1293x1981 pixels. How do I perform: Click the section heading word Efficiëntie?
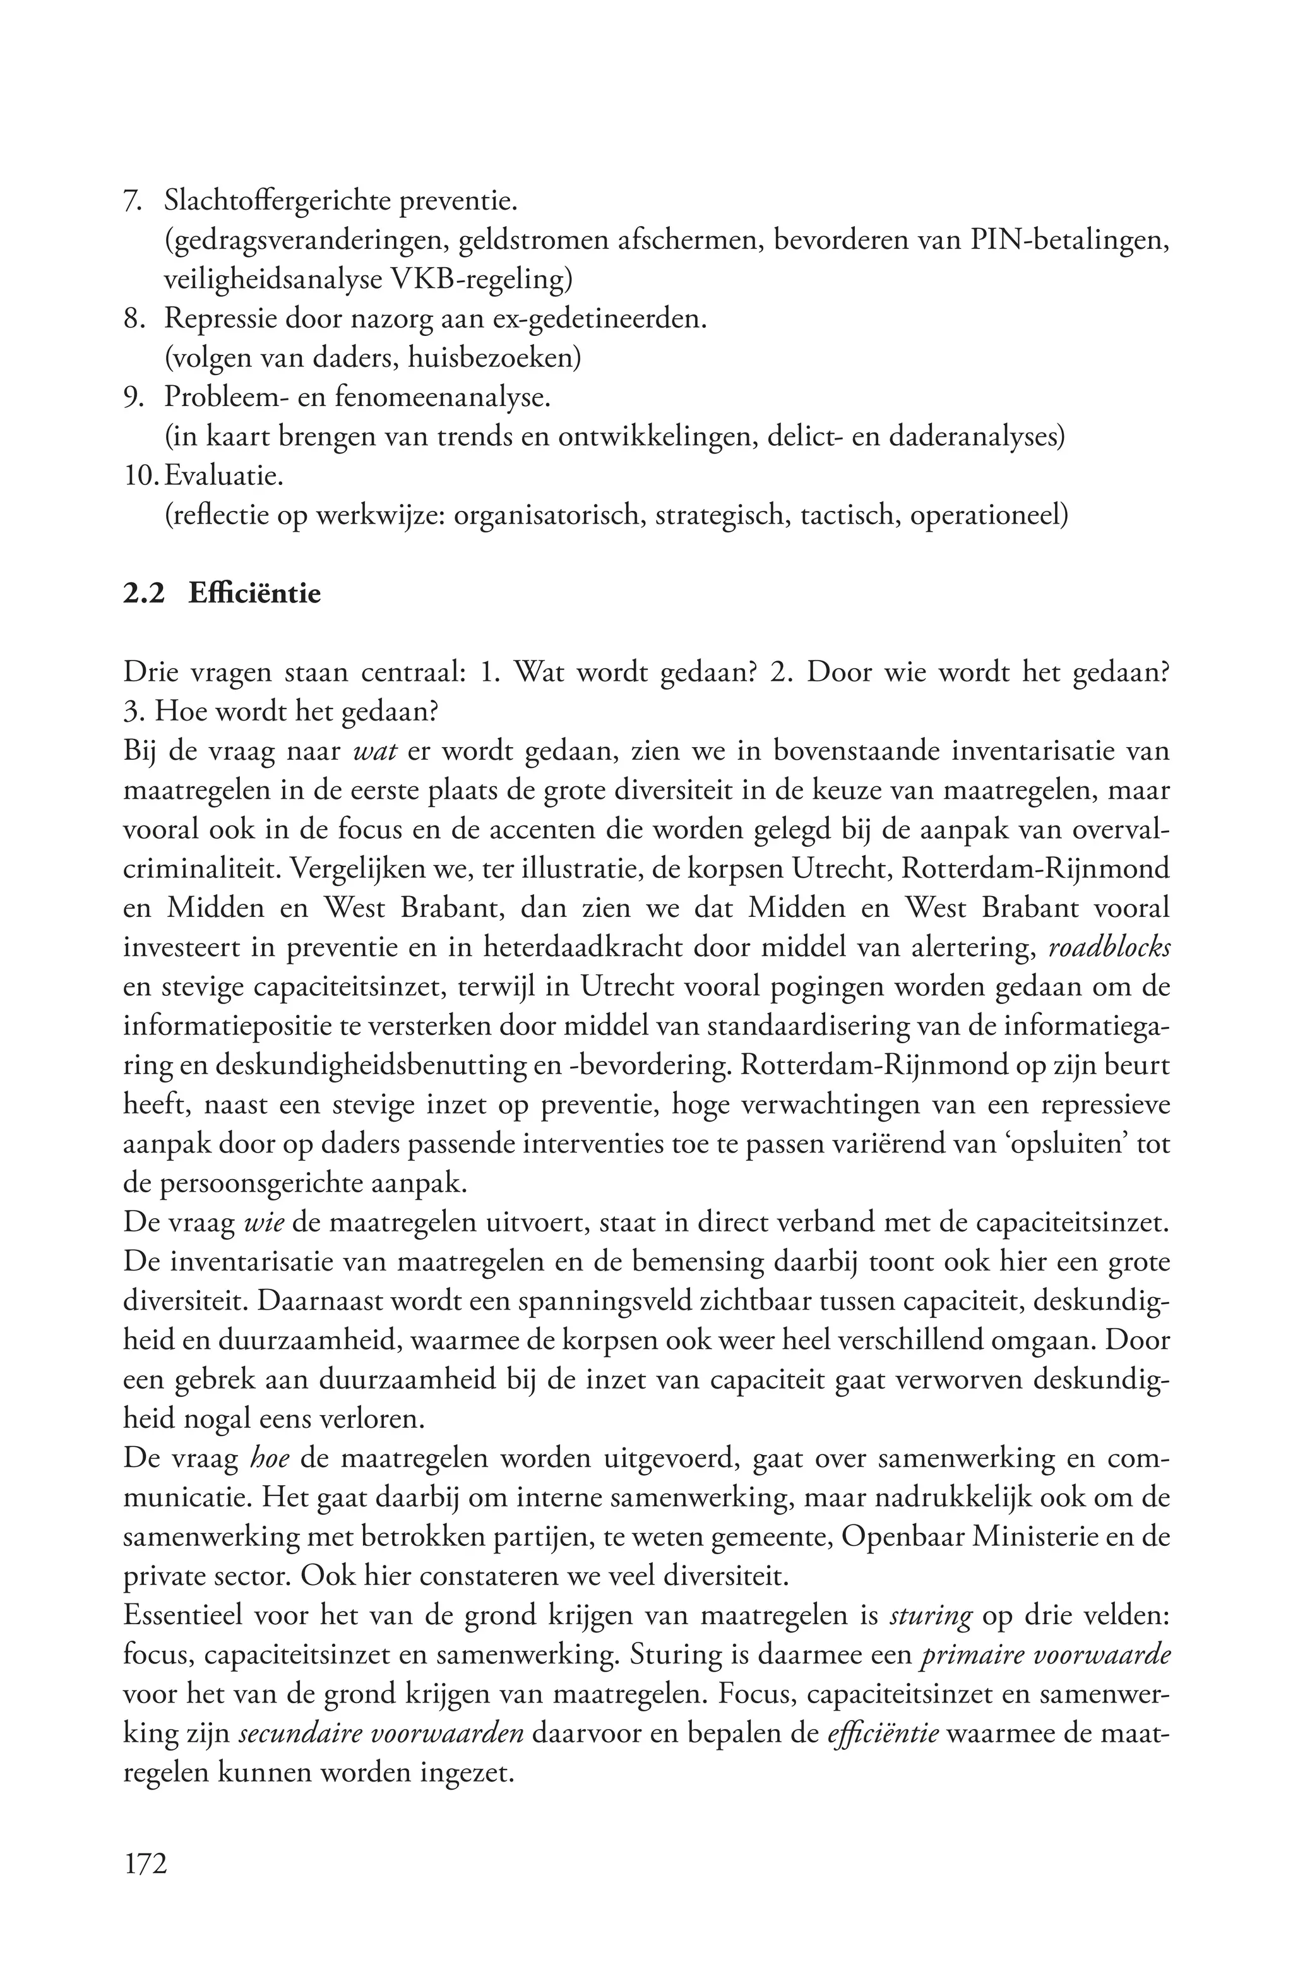tap(254, 594)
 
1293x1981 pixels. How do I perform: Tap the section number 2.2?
tap(143, 594)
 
